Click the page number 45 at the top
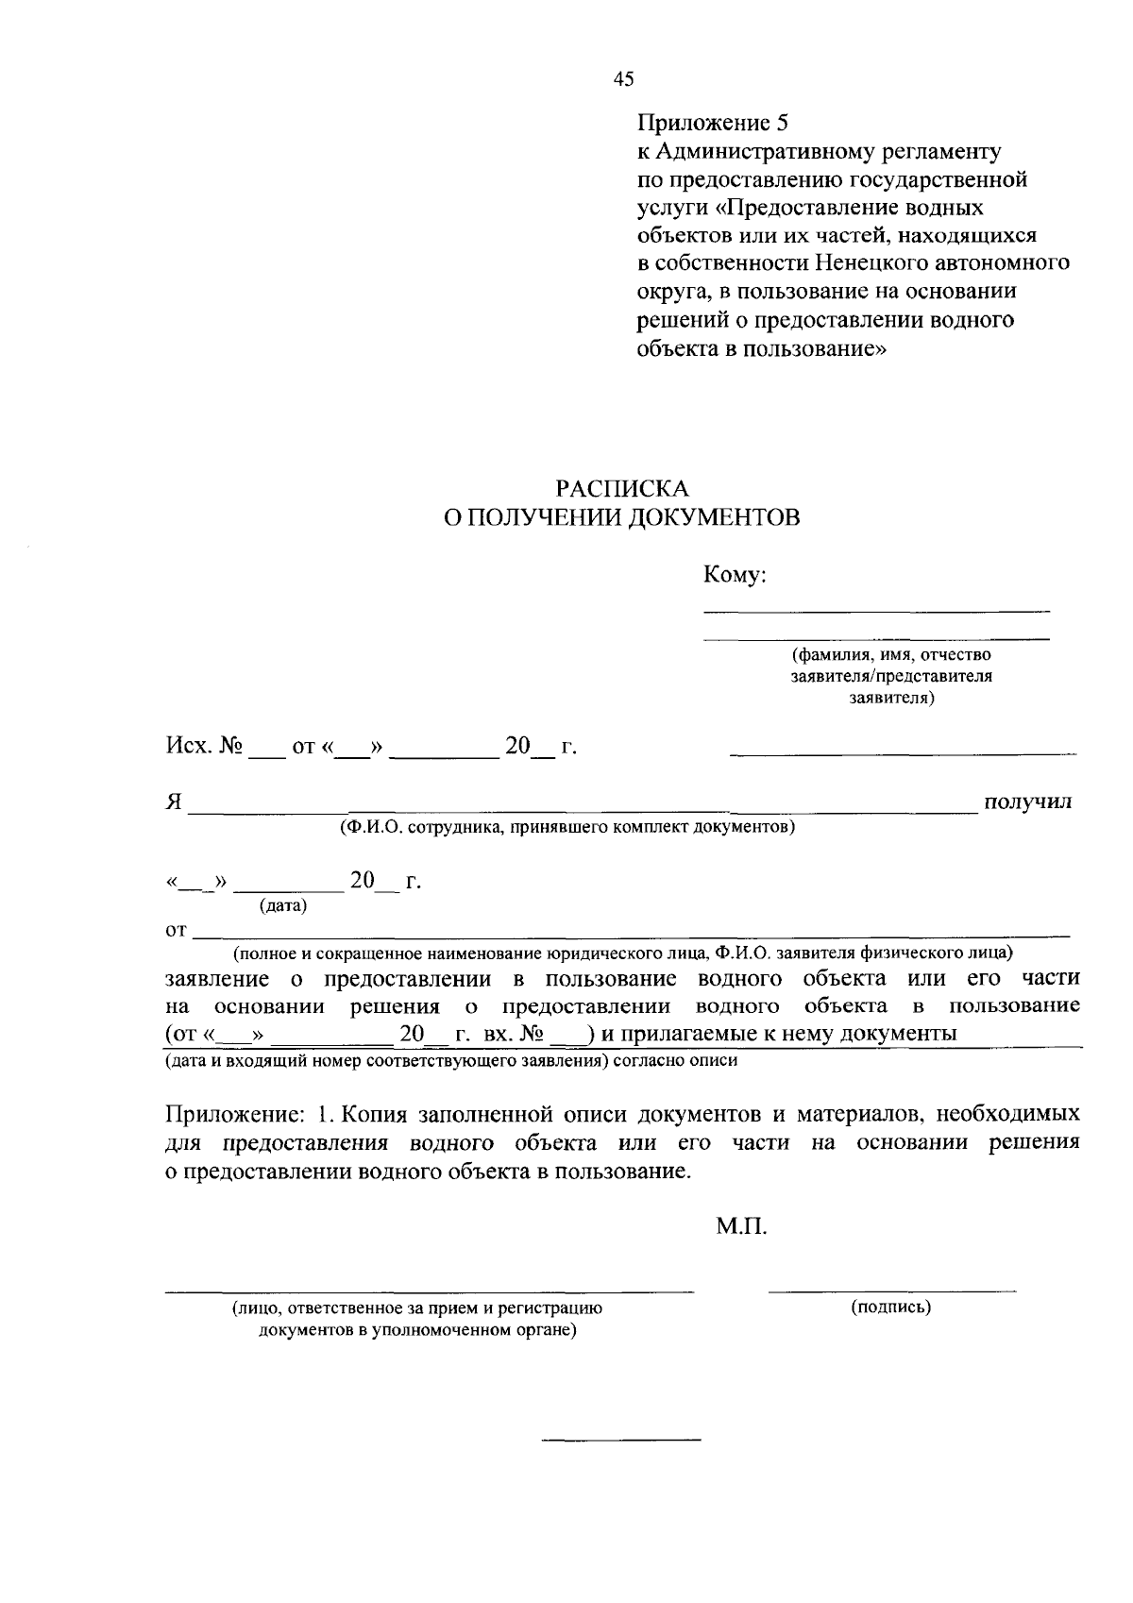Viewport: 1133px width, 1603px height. click(x=623, y=80)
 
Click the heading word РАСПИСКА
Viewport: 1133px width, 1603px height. click(x=622, y=489)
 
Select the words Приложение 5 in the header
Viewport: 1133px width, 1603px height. click(x=713, y=123)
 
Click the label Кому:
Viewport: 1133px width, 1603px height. click(x=734, y=575)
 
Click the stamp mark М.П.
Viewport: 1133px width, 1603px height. click(x=742, y=1227)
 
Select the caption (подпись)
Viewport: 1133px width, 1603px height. click(x=890, y=1308)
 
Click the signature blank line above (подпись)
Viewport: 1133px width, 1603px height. click(x=891, y=1290)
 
